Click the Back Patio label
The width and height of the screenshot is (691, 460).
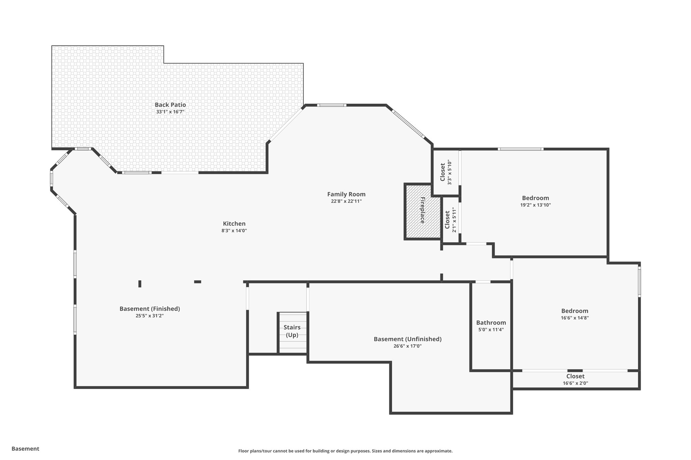(170, 105)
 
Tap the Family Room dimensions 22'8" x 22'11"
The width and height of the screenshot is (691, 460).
(346, 201)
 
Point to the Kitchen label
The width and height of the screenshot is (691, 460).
(234, 224)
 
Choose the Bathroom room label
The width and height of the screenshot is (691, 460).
(491, 323)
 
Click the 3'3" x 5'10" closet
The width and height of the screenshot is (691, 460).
(446, 172)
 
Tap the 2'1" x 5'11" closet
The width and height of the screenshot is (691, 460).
(450, 220)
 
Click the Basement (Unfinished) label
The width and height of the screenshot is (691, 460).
(407, 339)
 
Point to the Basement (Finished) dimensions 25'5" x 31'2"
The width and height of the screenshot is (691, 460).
(149, 316)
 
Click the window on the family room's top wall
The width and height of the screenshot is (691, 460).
(332, 105)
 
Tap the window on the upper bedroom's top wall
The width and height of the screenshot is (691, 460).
(520, 149)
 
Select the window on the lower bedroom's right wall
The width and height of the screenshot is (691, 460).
(639, 282)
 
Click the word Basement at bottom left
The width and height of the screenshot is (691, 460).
(25, 449)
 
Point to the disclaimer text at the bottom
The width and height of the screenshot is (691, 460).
(345, 451)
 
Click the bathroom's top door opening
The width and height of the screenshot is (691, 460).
(482, 282)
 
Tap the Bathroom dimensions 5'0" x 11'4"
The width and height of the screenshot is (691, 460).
(491, 330)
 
